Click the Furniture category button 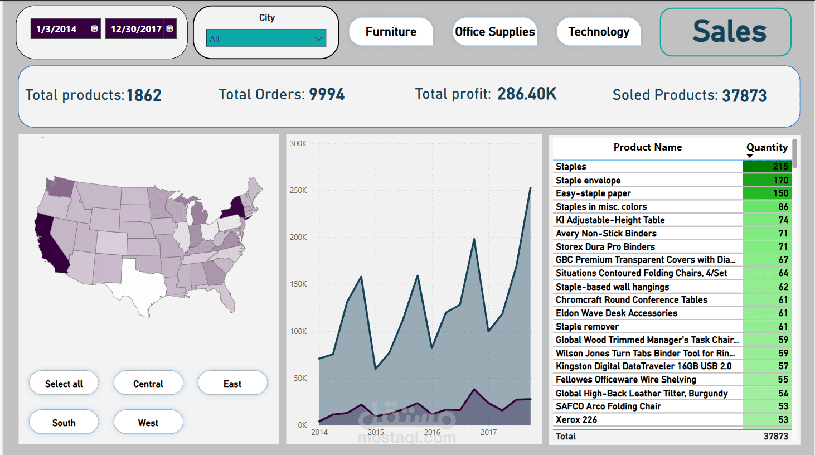click(x=391, y=32)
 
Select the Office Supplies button click(x=494, y=32)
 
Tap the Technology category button click(x=598, y=32)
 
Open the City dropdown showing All click(x=266, y=38)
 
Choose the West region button click(x=148, y=423)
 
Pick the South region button click(x=64, y=423)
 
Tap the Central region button click(x=148, y=384)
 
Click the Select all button click(x=64, y=384)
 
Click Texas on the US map click(x=137, y=282)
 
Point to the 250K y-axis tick click(x=298, y=190)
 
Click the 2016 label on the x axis click(x=432, y=432)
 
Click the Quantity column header click(x=767, y=147)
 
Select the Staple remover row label click(x=587, y=327)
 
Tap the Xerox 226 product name click(x=576, y=419)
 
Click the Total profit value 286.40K click(x=527, y=94)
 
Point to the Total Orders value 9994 click(x=327, y=94)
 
